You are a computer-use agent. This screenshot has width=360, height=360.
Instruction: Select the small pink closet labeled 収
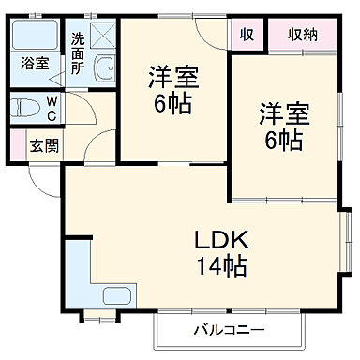pos(247,35)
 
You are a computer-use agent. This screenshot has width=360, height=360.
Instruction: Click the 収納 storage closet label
pos(302,35)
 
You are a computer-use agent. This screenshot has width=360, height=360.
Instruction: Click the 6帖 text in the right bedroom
pos(282,141)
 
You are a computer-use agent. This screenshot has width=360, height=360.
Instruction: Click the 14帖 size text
pos(221,266)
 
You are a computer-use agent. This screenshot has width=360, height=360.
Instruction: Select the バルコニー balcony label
pos(229,329)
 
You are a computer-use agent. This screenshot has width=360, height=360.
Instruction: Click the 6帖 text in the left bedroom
pos(173,102)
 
